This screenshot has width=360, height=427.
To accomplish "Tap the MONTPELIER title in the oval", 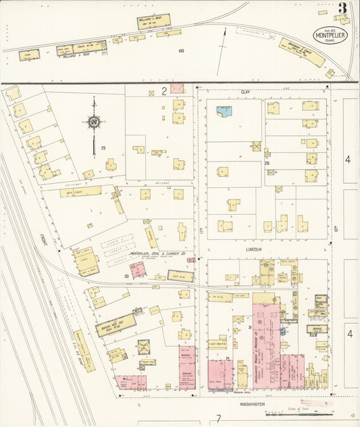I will click(330, 36).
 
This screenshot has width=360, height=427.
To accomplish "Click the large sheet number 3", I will click(343, 9).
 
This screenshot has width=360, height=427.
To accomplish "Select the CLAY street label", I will click(245, 90).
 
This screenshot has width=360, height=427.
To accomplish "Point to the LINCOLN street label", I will click(253, 249).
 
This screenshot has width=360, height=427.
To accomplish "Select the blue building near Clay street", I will click(224, 109).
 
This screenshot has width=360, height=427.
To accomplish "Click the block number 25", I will click(103, 147).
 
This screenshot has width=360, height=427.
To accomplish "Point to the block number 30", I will click(126, 276).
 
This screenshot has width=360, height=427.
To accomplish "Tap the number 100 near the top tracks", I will click(180, 51).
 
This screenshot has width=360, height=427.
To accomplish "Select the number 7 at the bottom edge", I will click(219, 418).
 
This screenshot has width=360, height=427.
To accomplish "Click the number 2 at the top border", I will click(163, 90).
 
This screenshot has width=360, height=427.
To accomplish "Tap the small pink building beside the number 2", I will click(178, 89).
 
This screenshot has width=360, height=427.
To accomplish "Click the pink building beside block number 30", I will click(138, 271).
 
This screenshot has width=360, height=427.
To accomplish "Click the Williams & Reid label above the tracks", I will click(153, 19).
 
